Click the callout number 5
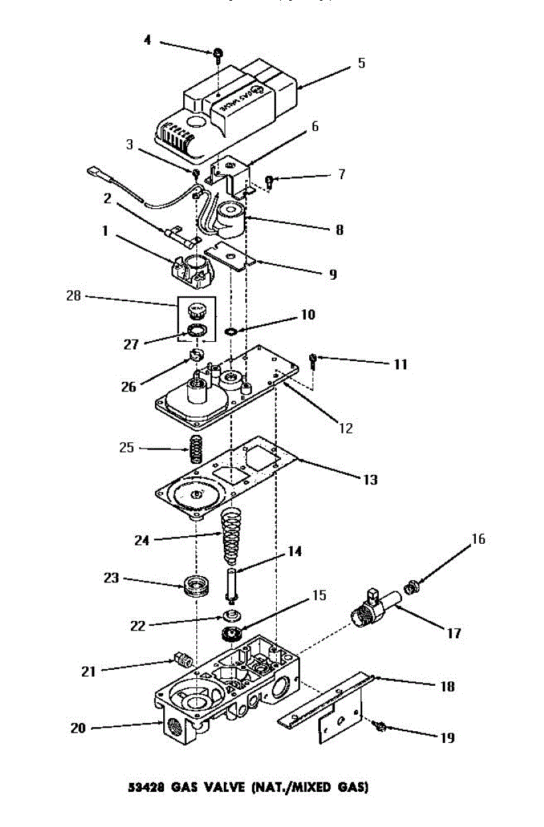[x=361, y=63]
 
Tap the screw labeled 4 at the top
[x=218, y=53]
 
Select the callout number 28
[x=74, y=297]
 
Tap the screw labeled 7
[x=270, y=182]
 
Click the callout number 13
[x=370, y=479]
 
